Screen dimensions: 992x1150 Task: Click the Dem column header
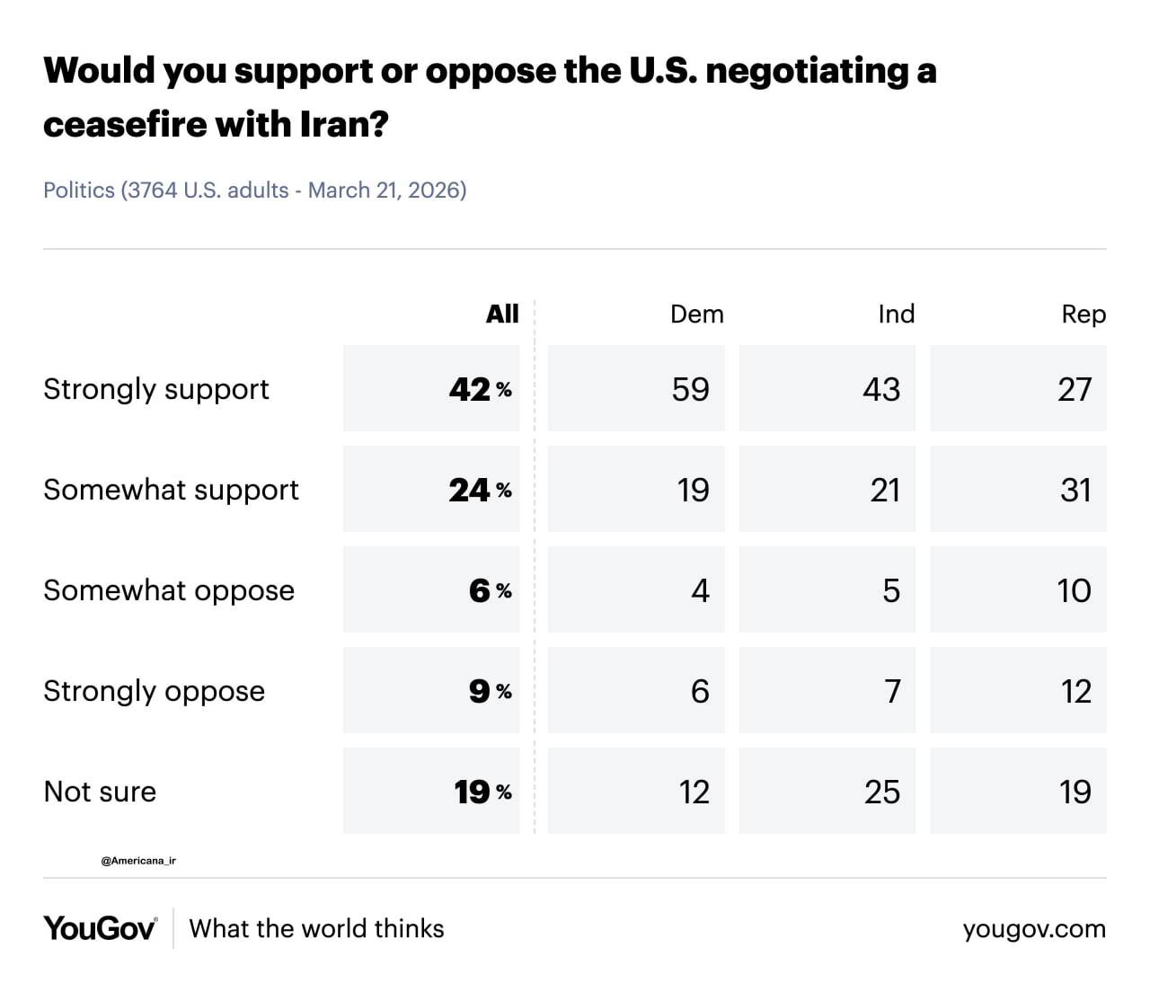tap(696, 314)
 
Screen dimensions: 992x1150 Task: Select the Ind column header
tap(896, 314)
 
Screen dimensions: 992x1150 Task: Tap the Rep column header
tap(1084, 314)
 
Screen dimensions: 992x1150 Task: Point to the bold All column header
tap(502, 314)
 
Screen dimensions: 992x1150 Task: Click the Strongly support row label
tap(156, 389)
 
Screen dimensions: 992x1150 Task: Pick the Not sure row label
tap(100, 792)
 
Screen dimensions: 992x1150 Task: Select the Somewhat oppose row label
tap(169, 590)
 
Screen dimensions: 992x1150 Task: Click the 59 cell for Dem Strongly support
tap(690, 389)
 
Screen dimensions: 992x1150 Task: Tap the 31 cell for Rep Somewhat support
tap(1075, 490)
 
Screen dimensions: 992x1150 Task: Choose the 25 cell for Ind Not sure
tap(881, 792)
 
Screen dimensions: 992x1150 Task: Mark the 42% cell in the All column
tap(479, 389)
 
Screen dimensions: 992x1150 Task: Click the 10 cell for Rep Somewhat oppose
tap(1074, 590)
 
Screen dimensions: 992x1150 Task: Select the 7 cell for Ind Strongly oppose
tap(892, 691)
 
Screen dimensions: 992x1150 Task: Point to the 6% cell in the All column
tap(490, 590)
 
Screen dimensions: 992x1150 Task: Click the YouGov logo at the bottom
tap(100, 928)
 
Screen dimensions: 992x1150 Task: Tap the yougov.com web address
tap(1034, 929)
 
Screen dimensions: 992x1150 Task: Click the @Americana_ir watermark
tap(138, 861)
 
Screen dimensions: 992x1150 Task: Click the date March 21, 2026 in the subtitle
tap(384, 190)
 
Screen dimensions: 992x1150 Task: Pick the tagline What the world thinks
tap(316, 928)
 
